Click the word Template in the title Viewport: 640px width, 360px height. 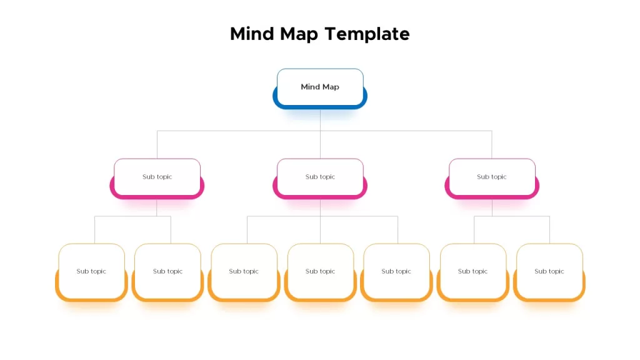tap(367, 34)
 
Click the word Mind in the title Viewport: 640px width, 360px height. tap(252, 34)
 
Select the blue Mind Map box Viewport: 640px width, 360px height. tap(320, 89)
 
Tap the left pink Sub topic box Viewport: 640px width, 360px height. tap(157, 178)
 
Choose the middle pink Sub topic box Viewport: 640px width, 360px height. tap(320, 178)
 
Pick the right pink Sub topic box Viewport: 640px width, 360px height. tap(492, 178)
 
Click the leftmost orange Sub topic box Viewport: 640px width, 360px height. tap(91, 272)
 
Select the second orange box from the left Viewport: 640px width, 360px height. tap(167, 272)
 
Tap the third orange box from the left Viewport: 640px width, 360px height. tap(244, 272)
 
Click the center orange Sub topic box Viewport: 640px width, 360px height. tap(321, 272)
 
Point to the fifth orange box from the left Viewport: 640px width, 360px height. tap(396, 272)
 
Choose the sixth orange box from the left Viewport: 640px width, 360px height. tap(473, 272)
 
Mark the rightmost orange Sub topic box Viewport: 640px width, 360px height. tap(549, 272)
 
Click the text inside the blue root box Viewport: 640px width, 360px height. tap(320, 87)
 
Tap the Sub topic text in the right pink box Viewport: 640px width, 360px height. tap(492, 177)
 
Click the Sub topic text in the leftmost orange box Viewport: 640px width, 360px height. tap(91, 271)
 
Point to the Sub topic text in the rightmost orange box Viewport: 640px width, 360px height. tap(549, 271)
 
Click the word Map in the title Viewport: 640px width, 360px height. tap(299, 34)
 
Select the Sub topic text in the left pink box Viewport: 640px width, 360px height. tap(157, 177)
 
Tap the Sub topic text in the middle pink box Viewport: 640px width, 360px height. tap(320, 177)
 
